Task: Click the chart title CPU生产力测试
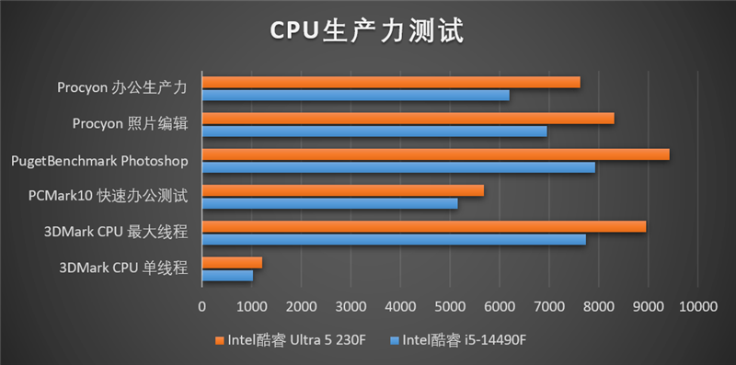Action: click(x=367, y=29)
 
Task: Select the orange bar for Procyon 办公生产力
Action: click(x=391, y=83)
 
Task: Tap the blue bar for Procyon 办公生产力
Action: click(x=355, y=95)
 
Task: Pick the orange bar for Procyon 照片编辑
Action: click(x=408, y=119)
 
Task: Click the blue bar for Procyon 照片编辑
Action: click(x=374, y=131)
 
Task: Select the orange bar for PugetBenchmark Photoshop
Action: click(x=435, y=154)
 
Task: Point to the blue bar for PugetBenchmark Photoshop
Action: click(x=398, y=166)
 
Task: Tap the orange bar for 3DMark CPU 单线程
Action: click(x=232, y=263)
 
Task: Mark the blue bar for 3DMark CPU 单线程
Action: click(x=227, y=275)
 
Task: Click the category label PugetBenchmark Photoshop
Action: click(x=99, y=161)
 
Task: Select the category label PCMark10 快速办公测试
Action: click(x=109, y=196)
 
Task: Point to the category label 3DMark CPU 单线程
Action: click(x=123, y=268)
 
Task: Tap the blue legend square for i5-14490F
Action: click(x=396, y=340)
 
